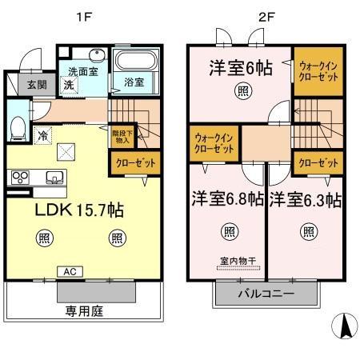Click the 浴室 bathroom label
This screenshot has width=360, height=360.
[x=133, y=82]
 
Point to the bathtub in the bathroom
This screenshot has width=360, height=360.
[x=134, y=61]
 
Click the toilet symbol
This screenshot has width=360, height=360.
[x=17, y=126]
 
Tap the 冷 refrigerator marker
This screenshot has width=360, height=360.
[x=42, y=135]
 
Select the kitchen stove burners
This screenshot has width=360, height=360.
[x=20, y=178]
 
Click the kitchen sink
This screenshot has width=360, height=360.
[x=54, y=177]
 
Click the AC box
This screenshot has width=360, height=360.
[x=70, y=271]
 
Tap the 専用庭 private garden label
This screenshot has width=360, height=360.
[x=86, y=310]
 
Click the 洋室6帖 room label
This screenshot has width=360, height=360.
[x=242, y=68]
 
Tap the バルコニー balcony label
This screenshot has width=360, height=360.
[x=266, y=294]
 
